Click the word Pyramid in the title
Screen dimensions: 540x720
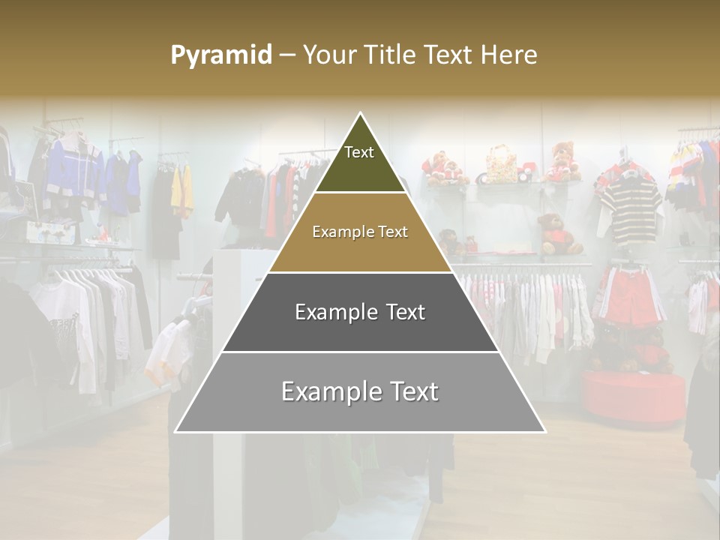tap(220, 55)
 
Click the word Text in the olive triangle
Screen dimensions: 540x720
tap(359, 152)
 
